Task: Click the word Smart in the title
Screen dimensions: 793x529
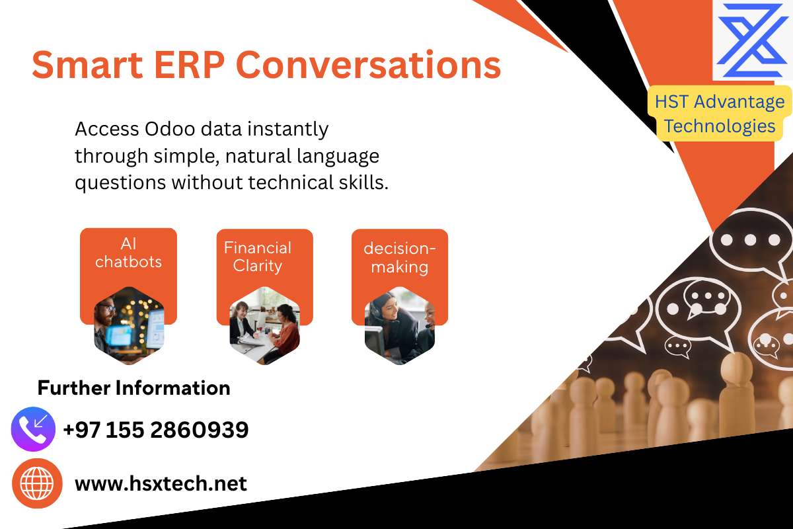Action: pos(87,65)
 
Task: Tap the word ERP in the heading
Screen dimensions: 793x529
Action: pos(190,65)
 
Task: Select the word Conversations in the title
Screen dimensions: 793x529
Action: pos(368,65)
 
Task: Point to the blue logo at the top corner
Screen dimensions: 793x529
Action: pos(752,40)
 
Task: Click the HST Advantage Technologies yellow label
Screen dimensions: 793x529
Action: pos(720,113)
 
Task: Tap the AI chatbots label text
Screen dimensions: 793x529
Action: pos(128,253)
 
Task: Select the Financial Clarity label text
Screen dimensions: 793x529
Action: pos(258,257)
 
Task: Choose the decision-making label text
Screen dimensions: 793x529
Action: pos(400,258)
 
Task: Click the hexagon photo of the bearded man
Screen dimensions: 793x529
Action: pos(129,325)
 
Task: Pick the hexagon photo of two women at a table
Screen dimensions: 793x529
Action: pos(264,325)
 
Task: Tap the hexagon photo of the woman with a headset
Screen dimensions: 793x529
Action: pos(400,325)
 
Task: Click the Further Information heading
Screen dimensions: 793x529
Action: pos(133,387)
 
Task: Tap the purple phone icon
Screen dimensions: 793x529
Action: pos(33,429)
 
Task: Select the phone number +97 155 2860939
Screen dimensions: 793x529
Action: pos(156,430)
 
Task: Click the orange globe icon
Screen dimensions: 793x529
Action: pos(37,483)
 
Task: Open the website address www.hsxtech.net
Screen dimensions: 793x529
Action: pos(161,483)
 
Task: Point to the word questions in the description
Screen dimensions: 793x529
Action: pos(120,183)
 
